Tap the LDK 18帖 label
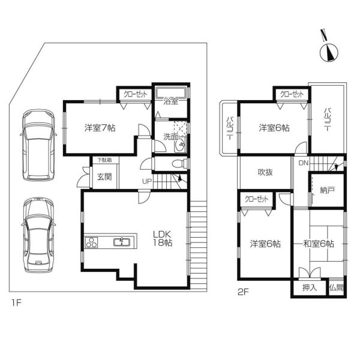point(163,239)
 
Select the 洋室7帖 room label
point(100,128)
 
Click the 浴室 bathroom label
point(171,101)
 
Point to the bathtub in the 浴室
point(170,93)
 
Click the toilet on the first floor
point(179,163)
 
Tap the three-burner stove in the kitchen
point(91,242)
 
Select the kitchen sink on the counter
point(122,242)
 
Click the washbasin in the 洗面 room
point(181,145)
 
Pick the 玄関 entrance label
point(104,177)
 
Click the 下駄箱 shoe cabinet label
point(104,160)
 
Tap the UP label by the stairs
point(147,182)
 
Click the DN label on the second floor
point(303,163)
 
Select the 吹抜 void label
point(265,172)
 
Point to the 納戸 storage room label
point(327,190)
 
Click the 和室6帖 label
point(319,244)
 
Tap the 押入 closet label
point(310,287)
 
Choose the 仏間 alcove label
point(337,287)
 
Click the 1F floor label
point(17,303)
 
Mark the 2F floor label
point(243,292)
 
